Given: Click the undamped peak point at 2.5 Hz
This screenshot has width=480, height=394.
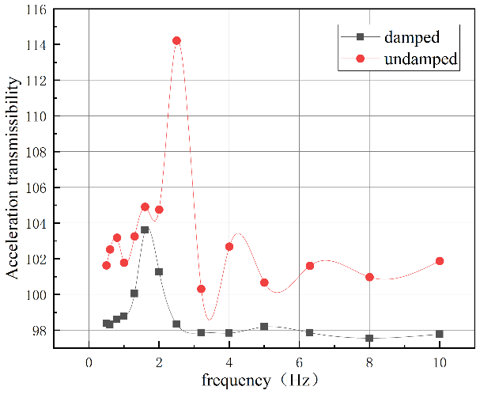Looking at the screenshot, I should click(176, 40).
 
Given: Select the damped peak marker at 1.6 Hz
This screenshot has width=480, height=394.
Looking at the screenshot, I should click(145, 229).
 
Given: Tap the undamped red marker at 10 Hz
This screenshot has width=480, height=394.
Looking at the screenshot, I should click(440, 261).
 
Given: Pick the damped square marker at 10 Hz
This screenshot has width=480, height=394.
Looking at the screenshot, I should click(440, 334).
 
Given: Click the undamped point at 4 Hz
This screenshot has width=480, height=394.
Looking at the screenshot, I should click(229, 246).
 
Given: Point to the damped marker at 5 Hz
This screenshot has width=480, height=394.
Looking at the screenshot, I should click(264, 326).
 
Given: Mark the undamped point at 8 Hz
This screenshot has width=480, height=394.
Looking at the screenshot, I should click(369, 277).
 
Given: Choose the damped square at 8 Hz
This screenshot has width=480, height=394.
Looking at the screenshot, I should click(369, 338).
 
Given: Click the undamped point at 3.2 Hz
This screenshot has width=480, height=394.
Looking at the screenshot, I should click(201, 289).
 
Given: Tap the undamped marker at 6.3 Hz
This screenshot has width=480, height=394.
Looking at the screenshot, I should click(310, 265).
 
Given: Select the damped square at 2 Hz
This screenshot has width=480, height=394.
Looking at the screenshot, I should click(159, 271).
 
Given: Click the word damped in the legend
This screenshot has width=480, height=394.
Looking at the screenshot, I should click(411, 36).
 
